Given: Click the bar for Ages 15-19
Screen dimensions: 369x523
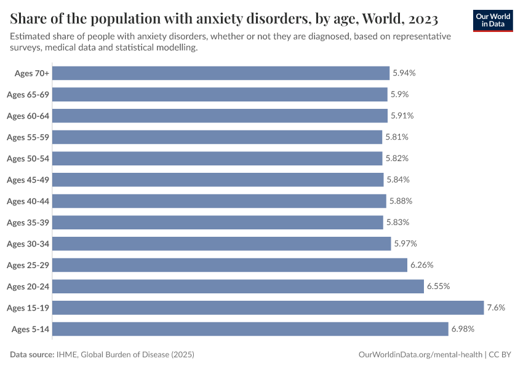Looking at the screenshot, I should coord(268,307).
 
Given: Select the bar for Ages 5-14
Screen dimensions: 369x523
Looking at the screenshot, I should coord(250,329).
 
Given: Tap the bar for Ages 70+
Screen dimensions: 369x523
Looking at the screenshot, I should coord(221,73).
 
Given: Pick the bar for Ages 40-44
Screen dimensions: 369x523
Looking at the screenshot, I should coord(219,201).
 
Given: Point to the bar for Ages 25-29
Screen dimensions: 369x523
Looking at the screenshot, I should coord(230,265).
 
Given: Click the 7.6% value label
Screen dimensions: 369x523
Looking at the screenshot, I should coord(496,307).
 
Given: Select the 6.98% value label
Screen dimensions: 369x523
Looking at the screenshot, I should coord(463,329).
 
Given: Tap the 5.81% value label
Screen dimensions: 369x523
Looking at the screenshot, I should coord(397,137).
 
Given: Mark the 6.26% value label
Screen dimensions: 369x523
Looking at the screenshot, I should coord(422,265).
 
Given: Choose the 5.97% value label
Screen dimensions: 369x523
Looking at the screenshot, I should coord(405,244).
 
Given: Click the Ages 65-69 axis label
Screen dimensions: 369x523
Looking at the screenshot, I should coord(28,95).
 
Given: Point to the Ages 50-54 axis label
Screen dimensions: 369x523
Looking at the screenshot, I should coord(28,159).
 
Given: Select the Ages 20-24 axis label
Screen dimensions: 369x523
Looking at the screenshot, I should coord(28,287).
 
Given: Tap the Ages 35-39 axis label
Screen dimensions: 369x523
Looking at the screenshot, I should coord(28,223).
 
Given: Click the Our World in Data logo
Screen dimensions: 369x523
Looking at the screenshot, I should coord(493,20).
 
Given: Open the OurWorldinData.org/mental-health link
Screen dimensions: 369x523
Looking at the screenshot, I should coord(420,355).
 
